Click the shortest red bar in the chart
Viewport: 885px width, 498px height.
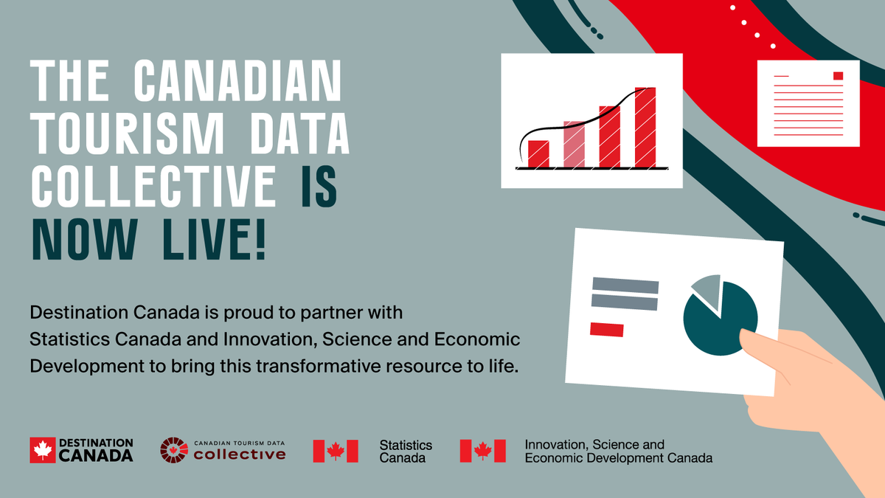538,153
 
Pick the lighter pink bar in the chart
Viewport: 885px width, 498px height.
574,144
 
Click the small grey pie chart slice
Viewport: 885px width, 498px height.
707,290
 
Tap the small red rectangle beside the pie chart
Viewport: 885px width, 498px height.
606,329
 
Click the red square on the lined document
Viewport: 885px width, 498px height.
838,76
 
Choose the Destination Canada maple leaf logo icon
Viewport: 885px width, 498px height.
43,450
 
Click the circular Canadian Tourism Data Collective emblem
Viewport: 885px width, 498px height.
174,450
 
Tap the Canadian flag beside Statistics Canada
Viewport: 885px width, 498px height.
336,451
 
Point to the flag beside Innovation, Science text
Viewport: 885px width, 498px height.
482,451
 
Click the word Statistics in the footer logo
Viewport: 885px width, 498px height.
406,445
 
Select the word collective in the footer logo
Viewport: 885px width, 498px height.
239,454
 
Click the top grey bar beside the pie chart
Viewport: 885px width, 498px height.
625,284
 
